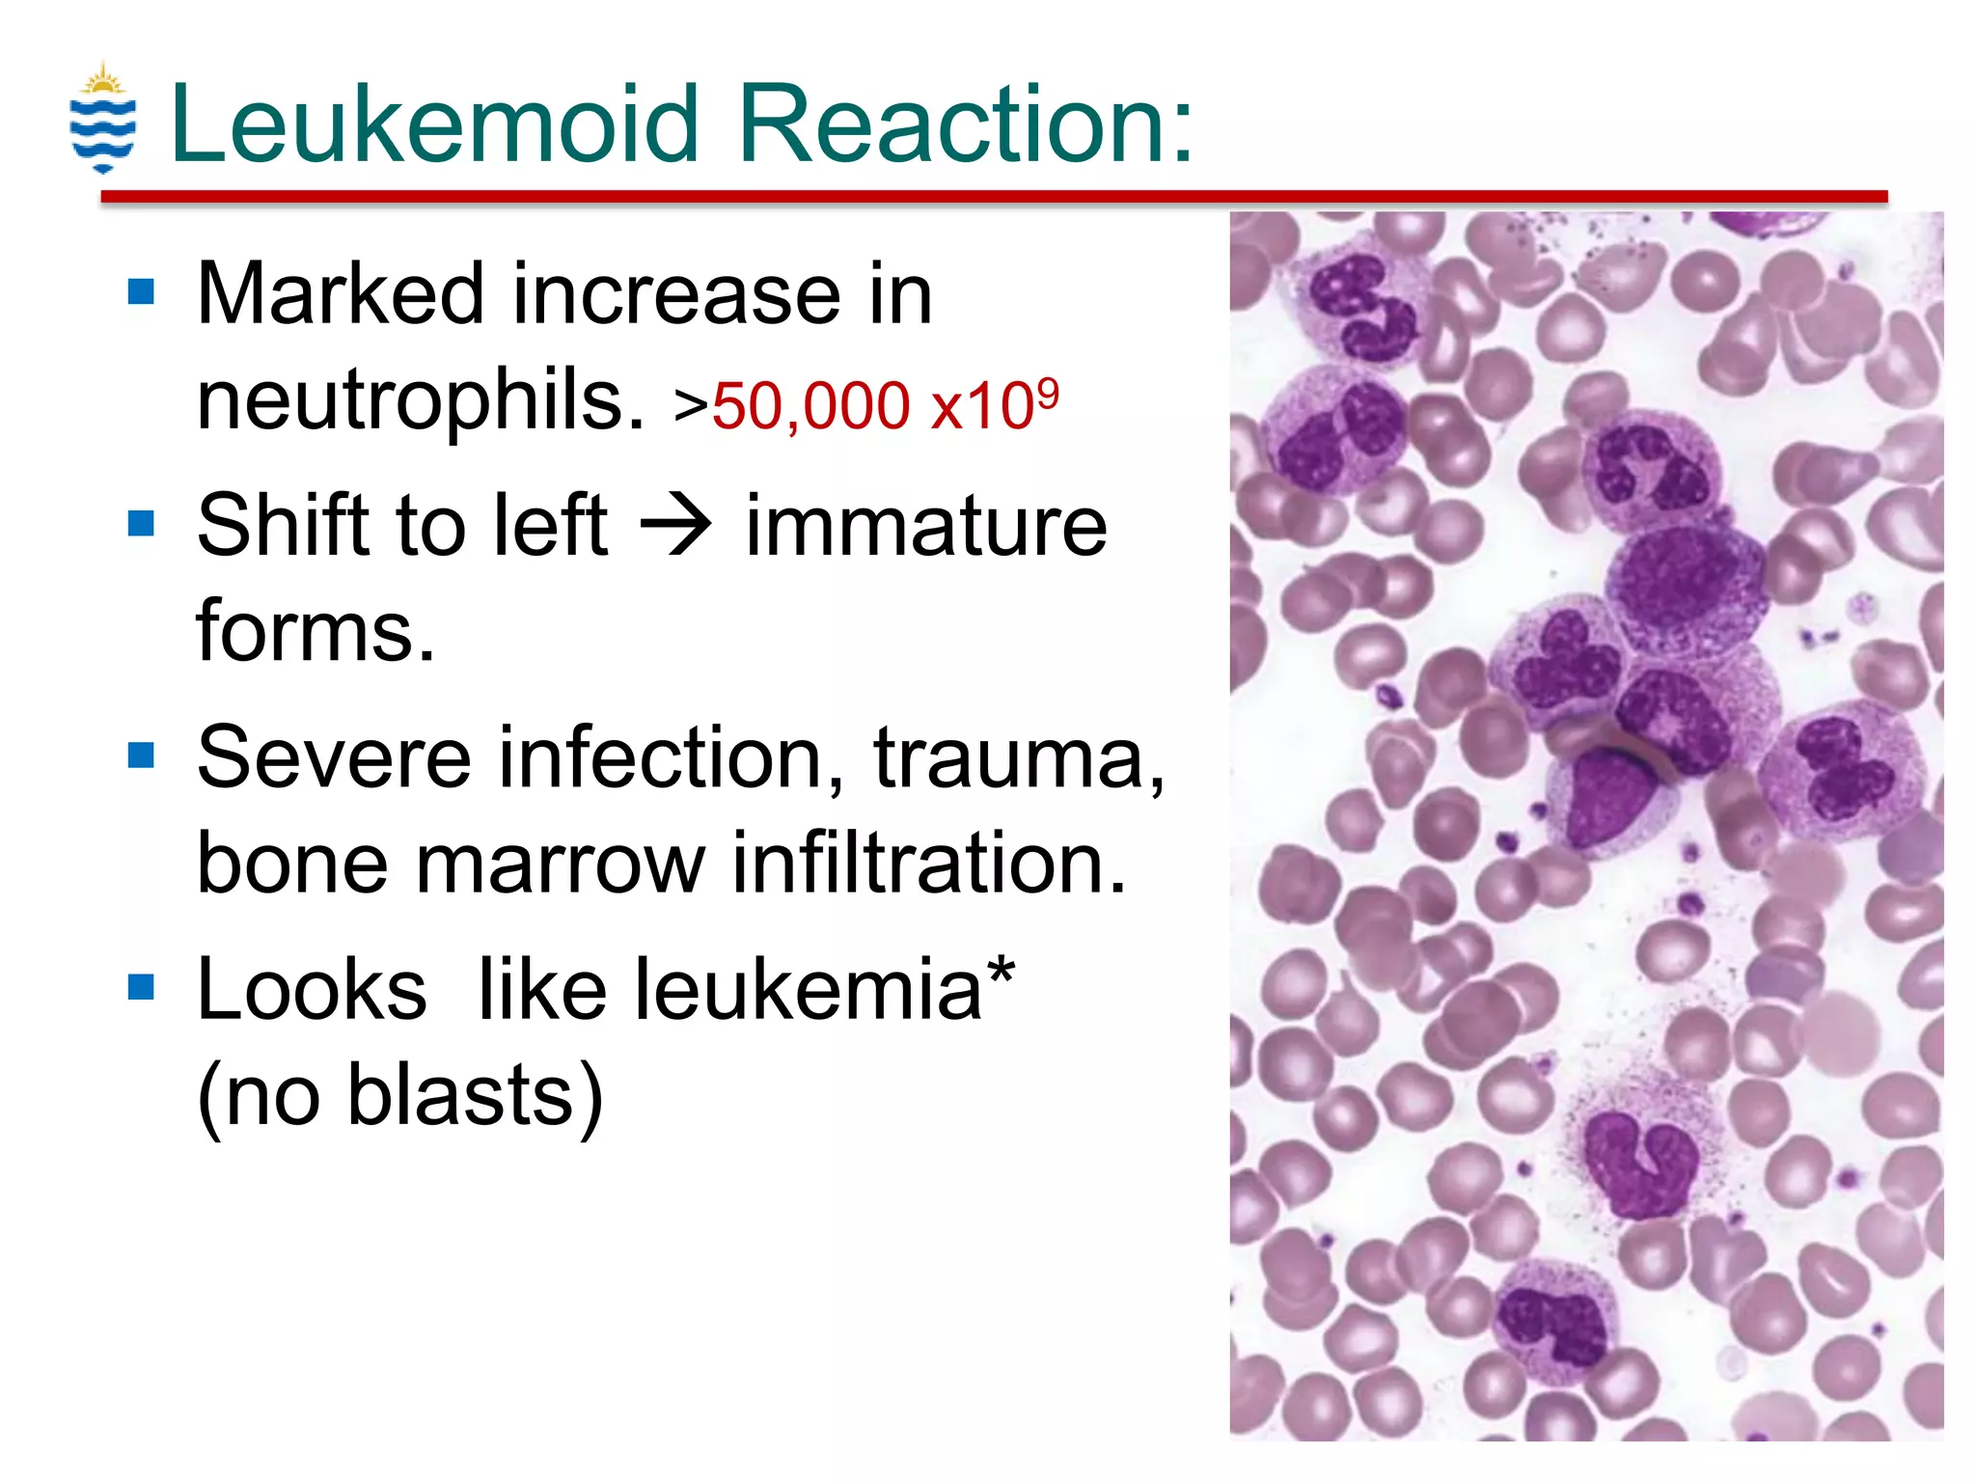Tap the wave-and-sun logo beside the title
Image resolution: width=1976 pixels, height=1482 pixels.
point(103,118)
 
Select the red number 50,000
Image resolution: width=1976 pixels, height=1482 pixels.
point(810,405)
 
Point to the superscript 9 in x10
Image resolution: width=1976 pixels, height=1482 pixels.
point(1048,390)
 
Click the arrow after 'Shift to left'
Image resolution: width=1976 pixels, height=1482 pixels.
point(676,527)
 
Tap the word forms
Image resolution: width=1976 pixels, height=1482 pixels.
point(316,631)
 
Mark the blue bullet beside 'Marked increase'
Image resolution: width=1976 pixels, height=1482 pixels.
point(142,291)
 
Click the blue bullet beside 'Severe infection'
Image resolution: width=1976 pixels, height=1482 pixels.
point(142,755)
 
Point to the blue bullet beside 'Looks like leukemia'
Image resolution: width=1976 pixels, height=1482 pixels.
point(142,986)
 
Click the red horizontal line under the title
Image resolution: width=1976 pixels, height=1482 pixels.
point(994,197)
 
